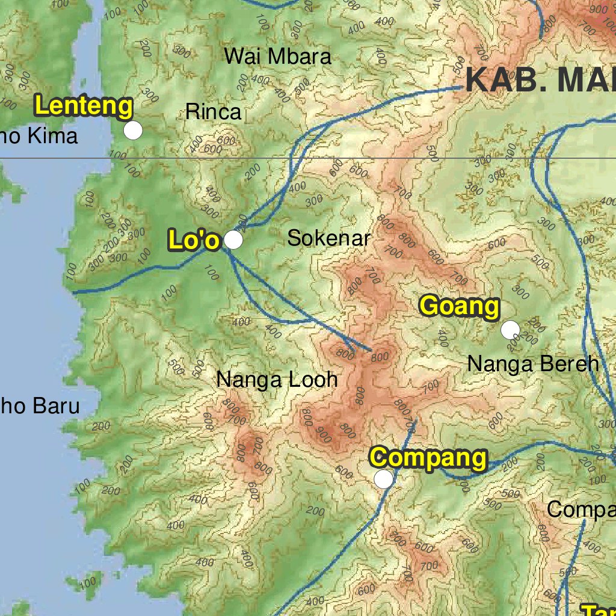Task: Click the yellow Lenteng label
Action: (84, 106)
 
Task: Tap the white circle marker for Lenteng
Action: (133, 130)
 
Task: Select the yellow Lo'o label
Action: (194, 240)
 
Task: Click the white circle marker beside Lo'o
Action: (233, 240)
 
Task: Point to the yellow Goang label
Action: (460, 306)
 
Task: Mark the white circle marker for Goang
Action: (510, 330)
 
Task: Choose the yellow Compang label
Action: (428, 458)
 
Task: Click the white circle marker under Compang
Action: (384, 479)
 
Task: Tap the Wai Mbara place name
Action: (277, 57)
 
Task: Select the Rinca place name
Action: (213, 111)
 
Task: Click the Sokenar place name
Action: (328, 238)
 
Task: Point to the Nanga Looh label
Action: (277, 380)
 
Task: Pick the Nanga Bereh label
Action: (533, 364)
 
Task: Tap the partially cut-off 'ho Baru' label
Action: (40, 406)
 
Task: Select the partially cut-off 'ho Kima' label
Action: (39, 136)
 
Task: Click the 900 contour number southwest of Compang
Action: (323, 435)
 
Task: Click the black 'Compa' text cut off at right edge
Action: (581, 510)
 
